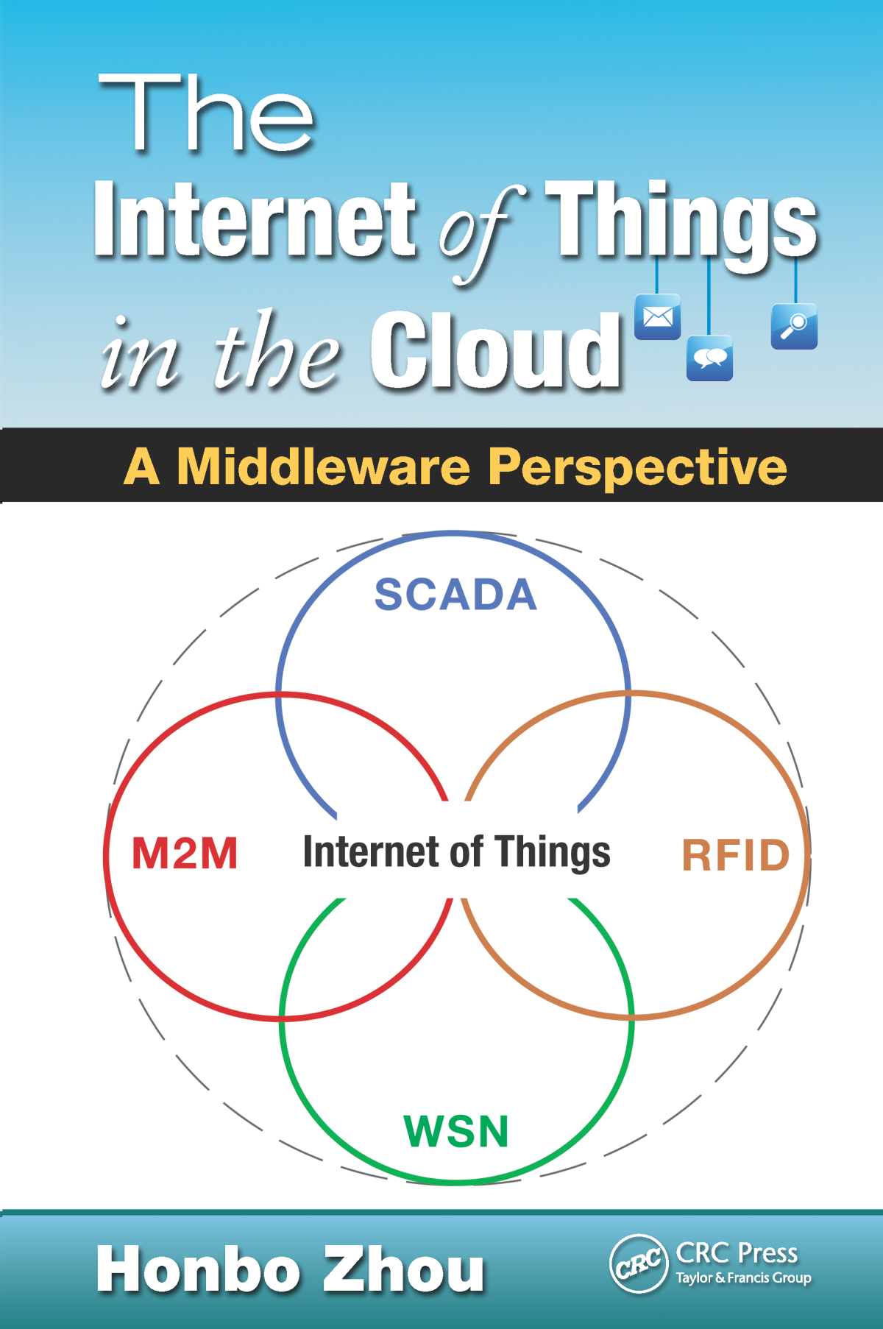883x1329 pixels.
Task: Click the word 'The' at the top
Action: click(x=206, y=114)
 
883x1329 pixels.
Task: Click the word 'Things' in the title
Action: click(x=681, y=221)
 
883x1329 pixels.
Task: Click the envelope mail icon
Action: click(x=657, y=317)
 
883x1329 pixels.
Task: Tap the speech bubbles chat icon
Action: click(x=709, y=358)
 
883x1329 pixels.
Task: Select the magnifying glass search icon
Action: click(x=794, y=326)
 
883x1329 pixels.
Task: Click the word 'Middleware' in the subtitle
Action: click(x=324, y=467)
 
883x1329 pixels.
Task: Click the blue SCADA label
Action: click(x=455, y=595)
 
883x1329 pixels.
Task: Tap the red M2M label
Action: click(x=185, y=854)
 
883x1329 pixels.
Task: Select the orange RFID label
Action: click(x=735, y=855)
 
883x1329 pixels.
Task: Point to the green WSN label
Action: click(x=456, y=1131)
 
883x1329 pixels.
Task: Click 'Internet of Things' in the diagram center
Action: click(x=456, y=852)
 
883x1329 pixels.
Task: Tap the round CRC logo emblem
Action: click(x=638, y=1264)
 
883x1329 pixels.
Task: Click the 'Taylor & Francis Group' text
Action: click(x=743, y=1278)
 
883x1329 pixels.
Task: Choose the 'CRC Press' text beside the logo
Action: click(x=737, y=1252)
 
